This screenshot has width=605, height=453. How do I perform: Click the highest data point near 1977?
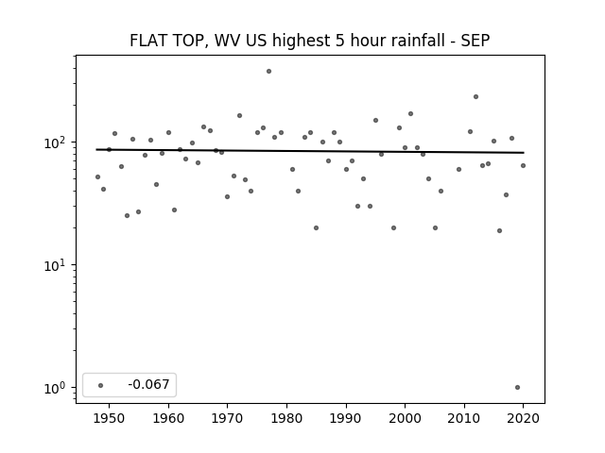[268, 72]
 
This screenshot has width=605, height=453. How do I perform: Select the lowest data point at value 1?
[517, 388]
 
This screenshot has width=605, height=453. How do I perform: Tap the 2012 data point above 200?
[475, 96]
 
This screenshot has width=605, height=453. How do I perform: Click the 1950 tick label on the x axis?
[110, 418]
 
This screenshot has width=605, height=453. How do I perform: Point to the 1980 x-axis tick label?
[286, 418]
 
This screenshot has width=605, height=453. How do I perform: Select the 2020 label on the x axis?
[523, 418]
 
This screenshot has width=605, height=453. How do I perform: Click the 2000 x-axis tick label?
[405, 418]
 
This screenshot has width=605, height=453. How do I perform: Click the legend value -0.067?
[148, 384]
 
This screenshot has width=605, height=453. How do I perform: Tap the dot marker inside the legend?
[101, 385]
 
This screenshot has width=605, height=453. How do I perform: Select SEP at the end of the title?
[475, 40]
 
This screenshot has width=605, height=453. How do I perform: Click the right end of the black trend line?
[524, 153]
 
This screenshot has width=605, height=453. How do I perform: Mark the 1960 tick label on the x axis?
[168, 418]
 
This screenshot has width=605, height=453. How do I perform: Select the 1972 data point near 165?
[239, 115]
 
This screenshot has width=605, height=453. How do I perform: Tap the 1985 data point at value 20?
[317, 228]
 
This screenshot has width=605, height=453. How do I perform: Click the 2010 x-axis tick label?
[464, 418]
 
